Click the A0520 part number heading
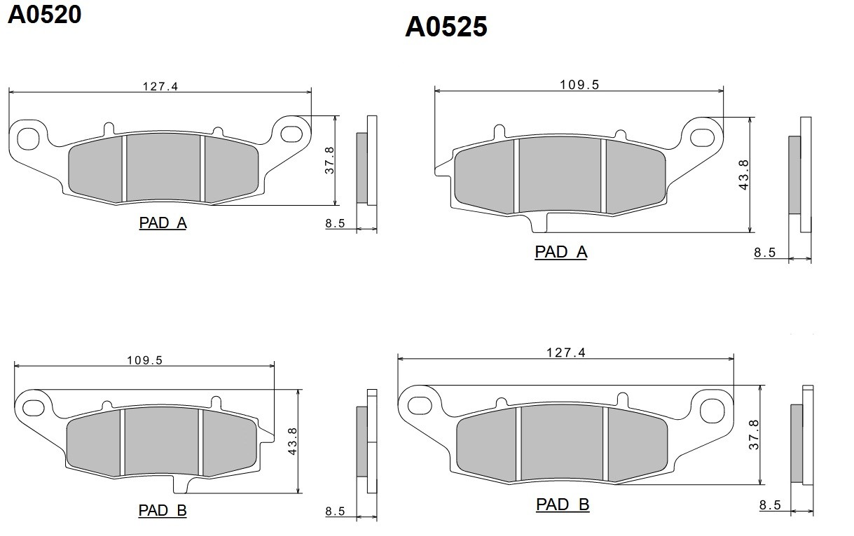pyautogui.click(x=44, y=15)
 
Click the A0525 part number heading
pyautogui.click(x=446, y=27)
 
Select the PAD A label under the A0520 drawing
pyautogui.click(x=163, y=223)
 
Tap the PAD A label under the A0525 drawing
pyautogui.click(x=561, y=252)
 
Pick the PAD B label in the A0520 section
pyautogui.click(x=163, y=511)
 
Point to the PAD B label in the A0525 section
pyautogui.click(x=563, y=505)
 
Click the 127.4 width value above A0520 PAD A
pyautogui.click(x=160, y=86)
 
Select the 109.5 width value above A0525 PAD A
pyautogui.click(x=579, y=85)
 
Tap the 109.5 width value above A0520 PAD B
pyautogui.click(x=144, y=360)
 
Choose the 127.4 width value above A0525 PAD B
pyautogui.click(x=566, y=353)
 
